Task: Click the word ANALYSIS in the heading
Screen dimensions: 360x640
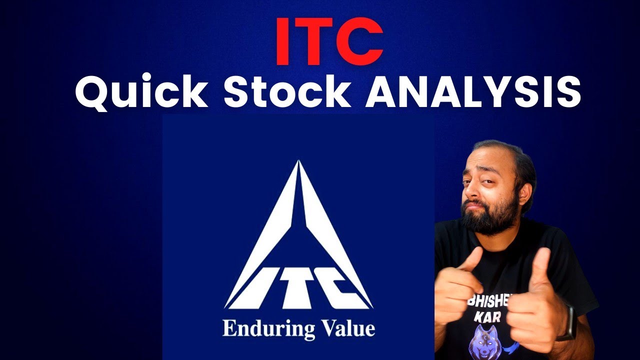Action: [472, 92]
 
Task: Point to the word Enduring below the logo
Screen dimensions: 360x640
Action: [268, 329]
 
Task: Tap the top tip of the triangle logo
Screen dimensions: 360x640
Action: [298, 162]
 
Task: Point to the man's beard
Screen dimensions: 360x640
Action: [492, 220]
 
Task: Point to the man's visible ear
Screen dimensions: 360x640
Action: [529, 190]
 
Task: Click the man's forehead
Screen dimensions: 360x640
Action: [487, 160]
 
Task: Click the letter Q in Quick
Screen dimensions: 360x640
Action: [91, 92]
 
